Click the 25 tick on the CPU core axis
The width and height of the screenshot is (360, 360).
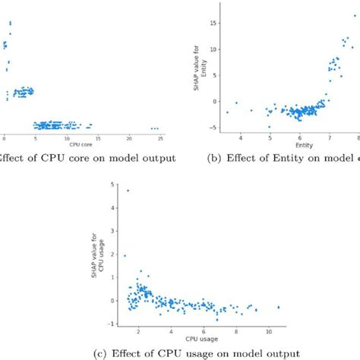tap(161, 137)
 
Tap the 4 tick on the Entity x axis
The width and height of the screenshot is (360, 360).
tap(241, 137)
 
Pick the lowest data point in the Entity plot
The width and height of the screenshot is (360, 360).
tap(269, 127)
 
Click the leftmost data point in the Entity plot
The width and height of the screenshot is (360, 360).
tap(227, 112)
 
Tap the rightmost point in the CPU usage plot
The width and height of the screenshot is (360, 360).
tap(279, 307)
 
